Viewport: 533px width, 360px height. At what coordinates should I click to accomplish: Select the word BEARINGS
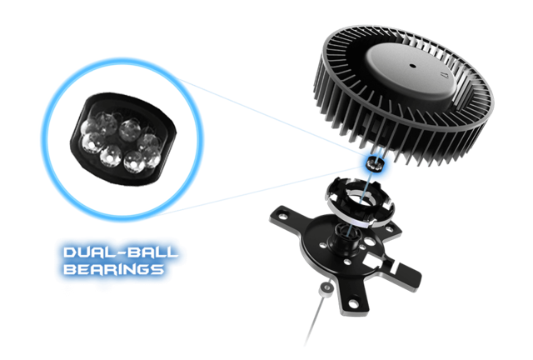113,269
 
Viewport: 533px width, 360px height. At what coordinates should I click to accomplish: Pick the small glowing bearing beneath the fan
374,163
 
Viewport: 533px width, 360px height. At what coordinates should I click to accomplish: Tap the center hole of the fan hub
412,66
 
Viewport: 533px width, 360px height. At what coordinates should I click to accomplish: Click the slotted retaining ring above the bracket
360,203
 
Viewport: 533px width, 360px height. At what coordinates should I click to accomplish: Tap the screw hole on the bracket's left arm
281,215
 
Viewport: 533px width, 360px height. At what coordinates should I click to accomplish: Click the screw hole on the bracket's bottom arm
353,302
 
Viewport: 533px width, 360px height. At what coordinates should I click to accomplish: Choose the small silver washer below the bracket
326,289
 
